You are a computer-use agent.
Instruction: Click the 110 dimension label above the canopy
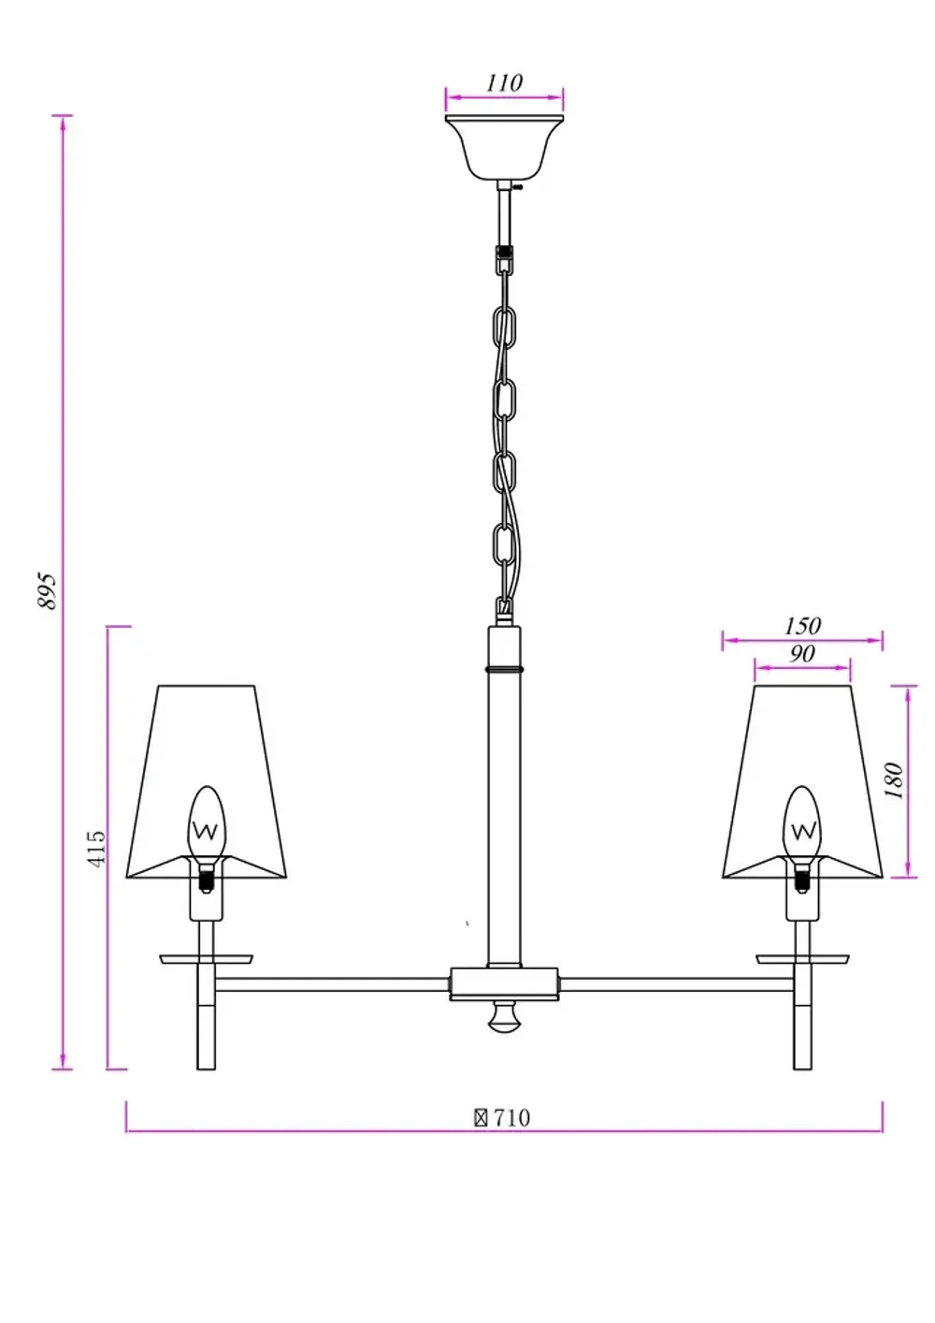(504, 82)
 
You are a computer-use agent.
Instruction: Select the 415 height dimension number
(96, 848)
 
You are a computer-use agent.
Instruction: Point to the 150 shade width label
(802, 625)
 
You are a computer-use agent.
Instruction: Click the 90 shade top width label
(802, 653)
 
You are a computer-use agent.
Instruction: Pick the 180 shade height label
(894, 781)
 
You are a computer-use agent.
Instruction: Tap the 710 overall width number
(511, 1117)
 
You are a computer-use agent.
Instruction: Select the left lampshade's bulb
(207, 823)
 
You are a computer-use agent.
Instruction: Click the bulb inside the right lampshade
(801, 823)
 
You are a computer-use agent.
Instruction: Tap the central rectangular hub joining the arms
(505, 983)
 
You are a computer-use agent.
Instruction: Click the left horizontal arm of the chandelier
(332, 984)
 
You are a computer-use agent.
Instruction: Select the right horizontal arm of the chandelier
(678, 984)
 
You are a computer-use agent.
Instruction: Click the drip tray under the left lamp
(207, 959)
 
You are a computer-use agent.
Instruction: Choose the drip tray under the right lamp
(802, 959)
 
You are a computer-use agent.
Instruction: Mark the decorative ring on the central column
(505, 670)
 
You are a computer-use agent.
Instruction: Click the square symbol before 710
(481, 1117)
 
